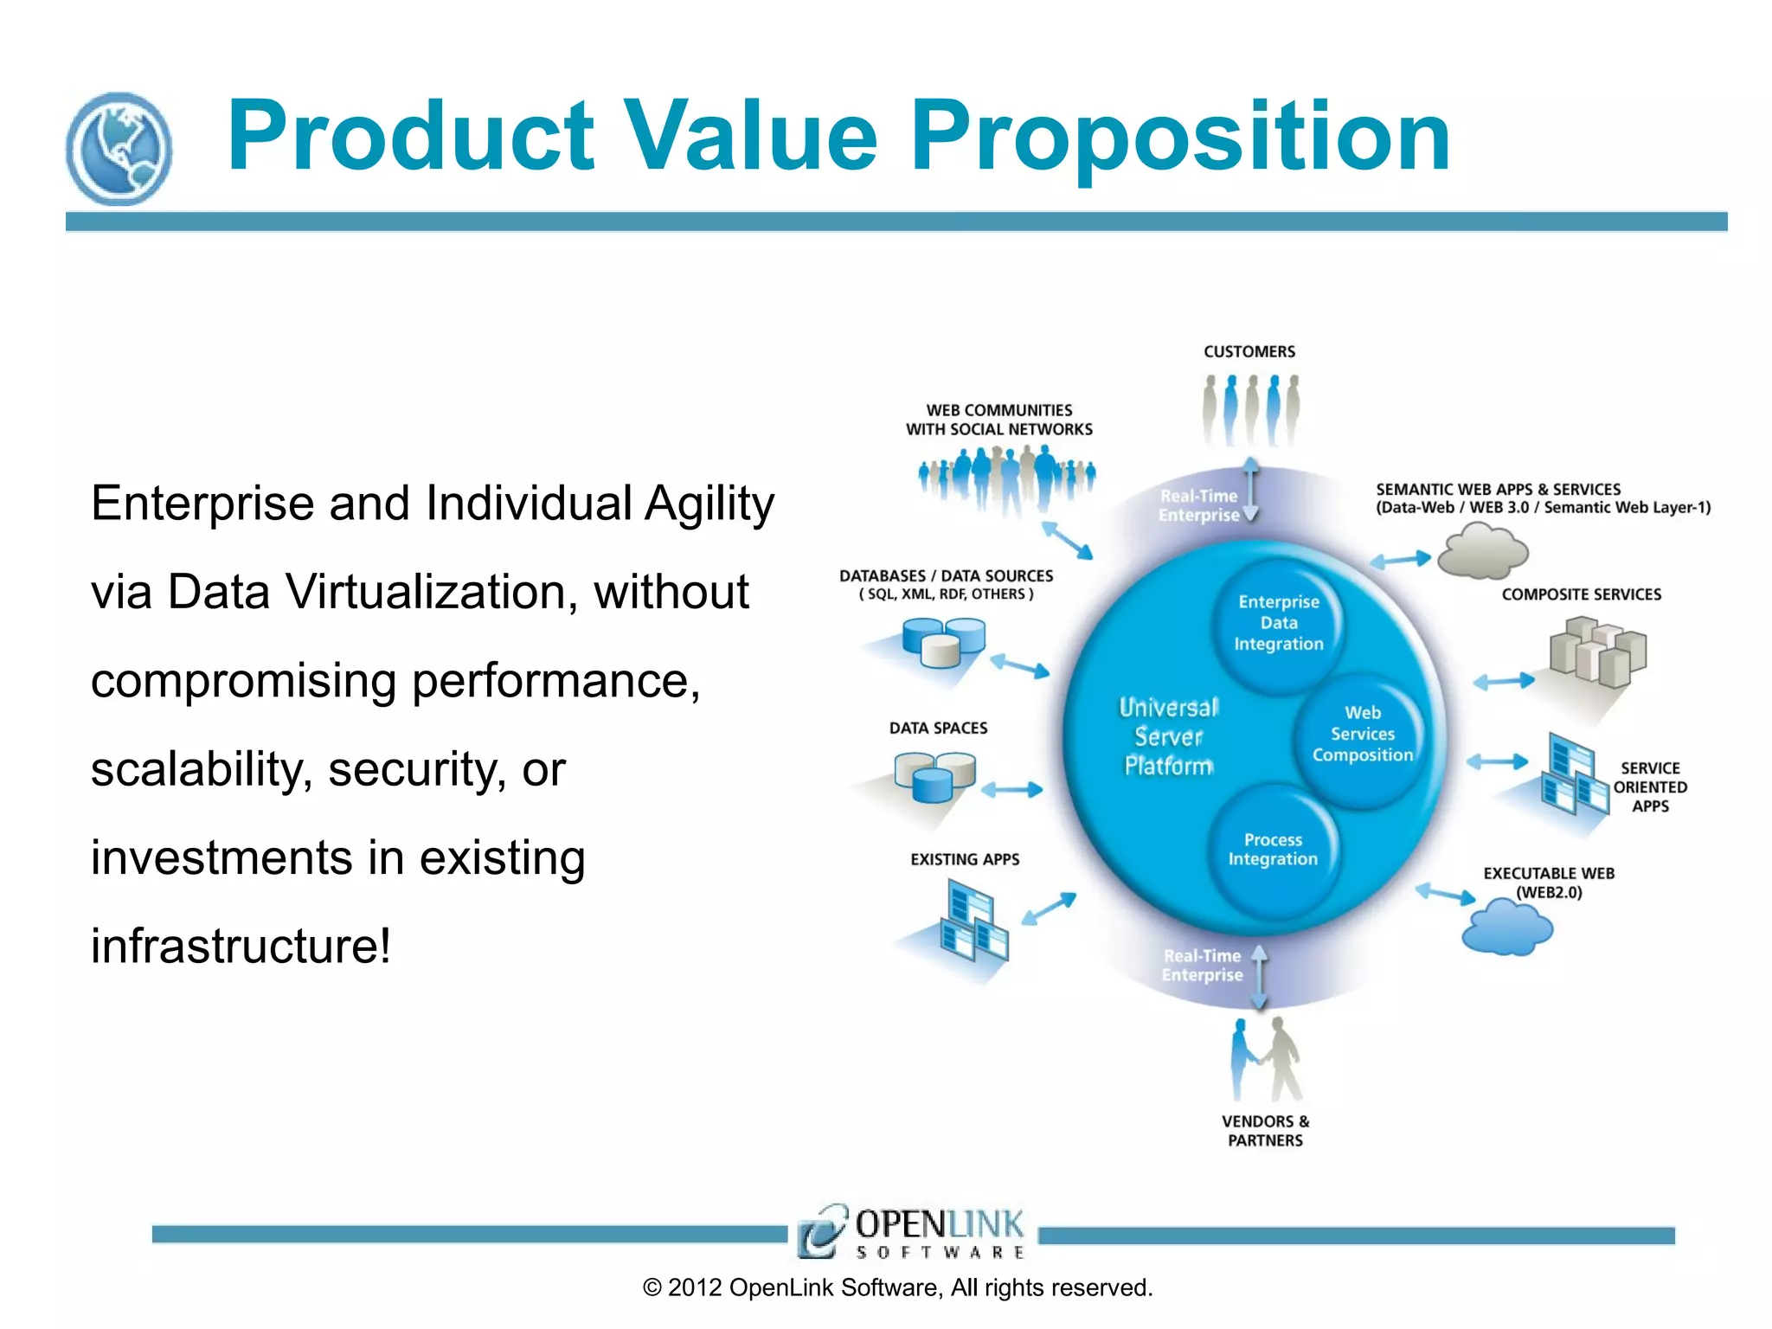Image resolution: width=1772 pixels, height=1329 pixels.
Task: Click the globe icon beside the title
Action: pos(119,149)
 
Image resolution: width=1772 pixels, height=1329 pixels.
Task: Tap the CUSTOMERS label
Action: pos(1249,351)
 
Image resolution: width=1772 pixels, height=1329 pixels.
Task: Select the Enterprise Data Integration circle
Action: pos(1278,623)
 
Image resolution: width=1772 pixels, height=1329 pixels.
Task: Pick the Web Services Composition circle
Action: pos(1362,735)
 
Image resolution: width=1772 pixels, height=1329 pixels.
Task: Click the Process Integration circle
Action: pos(1273,851)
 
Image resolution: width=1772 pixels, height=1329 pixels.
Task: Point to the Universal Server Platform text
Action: pos(1168,736)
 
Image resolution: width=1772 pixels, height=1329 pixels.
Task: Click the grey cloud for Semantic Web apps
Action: pos(1482,552)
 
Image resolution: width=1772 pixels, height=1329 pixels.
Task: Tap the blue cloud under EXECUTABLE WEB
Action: pos(1506,928)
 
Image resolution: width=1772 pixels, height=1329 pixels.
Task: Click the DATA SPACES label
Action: pos(938,729)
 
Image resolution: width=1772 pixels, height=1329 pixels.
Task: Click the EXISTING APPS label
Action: pos(965,859)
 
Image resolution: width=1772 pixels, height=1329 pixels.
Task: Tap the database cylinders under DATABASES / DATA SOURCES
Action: pos(943,642)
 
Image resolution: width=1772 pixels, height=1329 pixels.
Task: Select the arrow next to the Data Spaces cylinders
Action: pos(1011,789)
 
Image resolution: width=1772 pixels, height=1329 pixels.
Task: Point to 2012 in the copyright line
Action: pos(694,1288)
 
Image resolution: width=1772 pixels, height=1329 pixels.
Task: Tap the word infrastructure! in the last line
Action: pos(241,946)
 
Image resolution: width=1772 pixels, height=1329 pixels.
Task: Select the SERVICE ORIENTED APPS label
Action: pos(1649,787)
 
